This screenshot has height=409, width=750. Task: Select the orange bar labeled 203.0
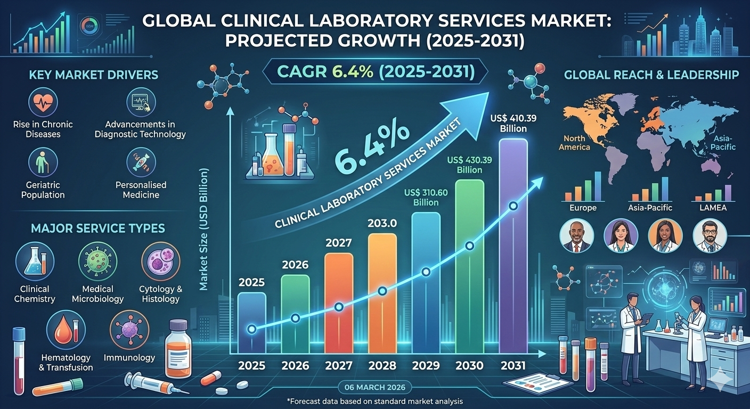[x=382, y=293]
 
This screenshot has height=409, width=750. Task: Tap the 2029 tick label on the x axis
[x=426, y=366]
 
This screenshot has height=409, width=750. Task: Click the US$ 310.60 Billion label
[x=426, y=197]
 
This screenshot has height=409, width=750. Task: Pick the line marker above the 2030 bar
[x=469, y=246]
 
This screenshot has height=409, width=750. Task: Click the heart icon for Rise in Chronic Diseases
[x=43, y=103]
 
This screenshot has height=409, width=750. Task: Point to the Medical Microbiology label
[x=97, y=294]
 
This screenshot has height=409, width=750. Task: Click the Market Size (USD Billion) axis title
[x=203, y=229]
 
